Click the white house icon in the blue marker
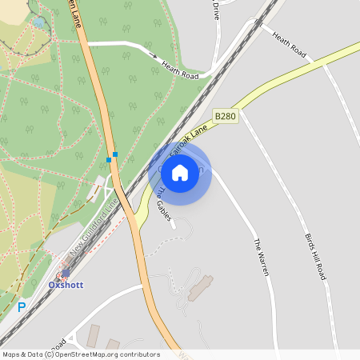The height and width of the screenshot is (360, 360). [x=179, y=172]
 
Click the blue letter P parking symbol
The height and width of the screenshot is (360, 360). [x=22, y=306]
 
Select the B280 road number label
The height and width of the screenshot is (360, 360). [x=226, y=116]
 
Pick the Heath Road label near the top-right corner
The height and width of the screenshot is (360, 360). [x=289, y=45]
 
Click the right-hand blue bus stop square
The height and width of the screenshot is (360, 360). [x=115, y=154]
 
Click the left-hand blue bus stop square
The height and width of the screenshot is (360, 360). [x=109, y=160]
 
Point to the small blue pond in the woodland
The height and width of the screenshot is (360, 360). [x=38, y=22]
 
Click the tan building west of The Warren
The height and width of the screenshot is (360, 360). [x=201, y=287]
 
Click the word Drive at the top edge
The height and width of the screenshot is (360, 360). [x=215, y=9]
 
